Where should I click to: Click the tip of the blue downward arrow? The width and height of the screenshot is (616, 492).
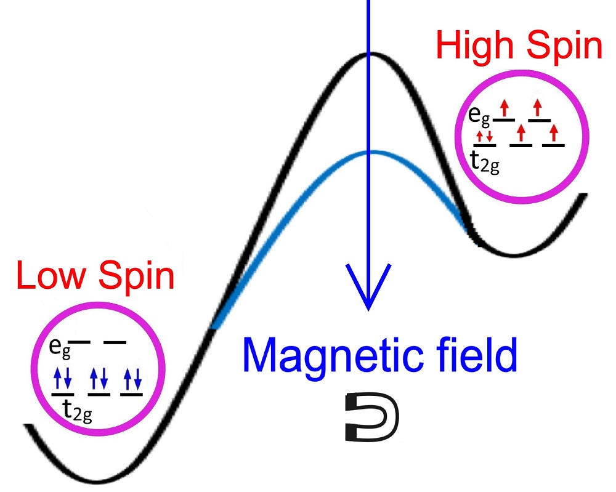(368, 308)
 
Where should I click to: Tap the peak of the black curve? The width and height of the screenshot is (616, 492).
(368, 54)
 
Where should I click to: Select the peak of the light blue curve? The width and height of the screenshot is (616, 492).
(368, 151)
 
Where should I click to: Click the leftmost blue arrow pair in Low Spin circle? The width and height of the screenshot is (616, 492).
(62, 378)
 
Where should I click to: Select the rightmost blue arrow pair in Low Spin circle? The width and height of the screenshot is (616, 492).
(131, 378)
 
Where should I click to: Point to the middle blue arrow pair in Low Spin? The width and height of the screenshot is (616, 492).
(98, 378)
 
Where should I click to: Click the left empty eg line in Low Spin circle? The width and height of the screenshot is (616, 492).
(81, 342)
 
